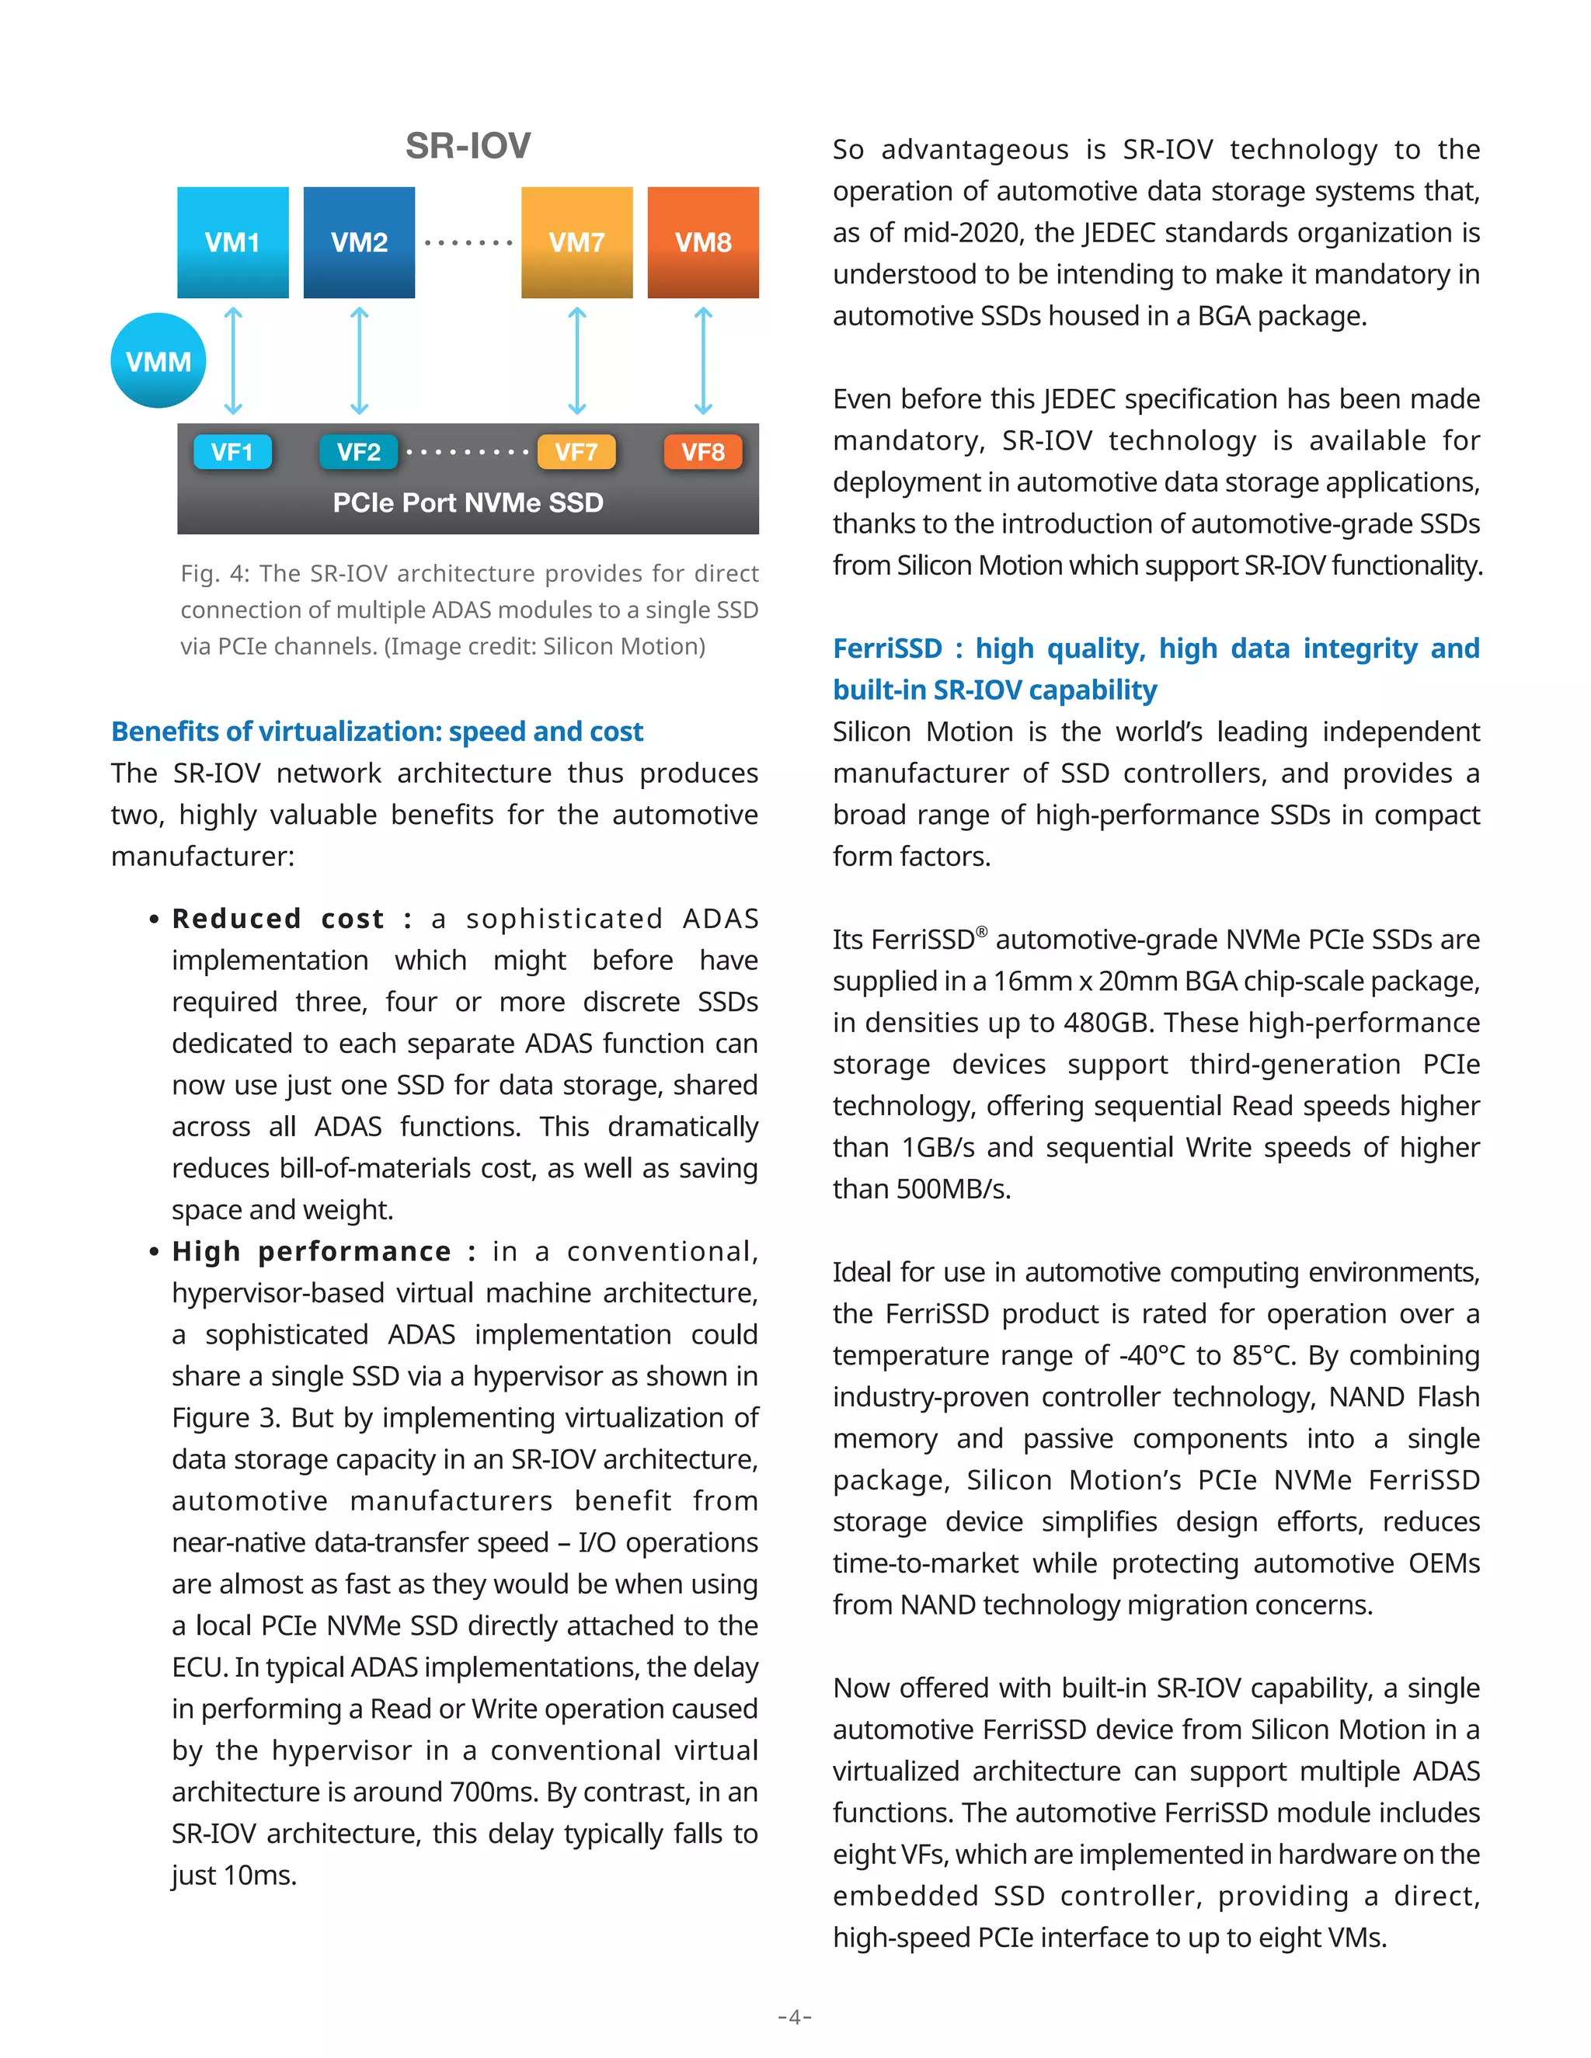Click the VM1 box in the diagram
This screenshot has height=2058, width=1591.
[x=233, y=242]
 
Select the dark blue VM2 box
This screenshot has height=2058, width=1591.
[x=359, y=242]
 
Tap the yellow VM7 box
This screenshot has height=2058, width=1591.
[x=577, y=242]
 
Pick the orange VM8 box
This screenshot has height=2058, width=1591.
[x=703, y=242]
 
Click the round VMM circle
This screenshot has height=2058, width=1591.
[x=158, y=361]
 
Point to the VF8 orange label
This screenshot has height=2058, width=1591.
[x=703, y=452]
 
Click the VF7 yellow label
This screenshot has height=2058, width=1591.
[x=576, y=452]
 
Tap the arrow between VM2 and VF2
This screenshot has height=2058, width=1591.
[x=359, y=361]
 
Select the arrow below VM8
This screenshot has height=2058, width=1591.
[x=703, y=361]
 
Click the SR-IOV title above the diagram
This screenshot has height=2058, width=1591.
[x=468, y=146]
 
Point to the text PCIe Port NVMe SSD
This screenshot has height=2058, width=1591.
[x=468, y=502]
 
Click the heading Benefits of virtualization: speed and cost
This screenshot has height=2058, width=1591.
[x=377, y=732]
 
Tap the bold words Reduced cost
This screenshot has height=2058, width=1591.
[x=278, y=919]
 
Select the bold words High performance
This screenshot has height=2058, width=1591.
[x=312, y=1251]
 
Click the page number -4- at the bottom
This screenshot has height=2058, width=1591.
[x=795, y=2017]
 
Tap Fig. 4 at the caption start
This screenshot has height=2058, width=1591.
[x=212, y=573]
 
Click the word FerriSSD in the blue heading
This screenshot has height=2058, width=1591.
[x=887, y=648]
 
